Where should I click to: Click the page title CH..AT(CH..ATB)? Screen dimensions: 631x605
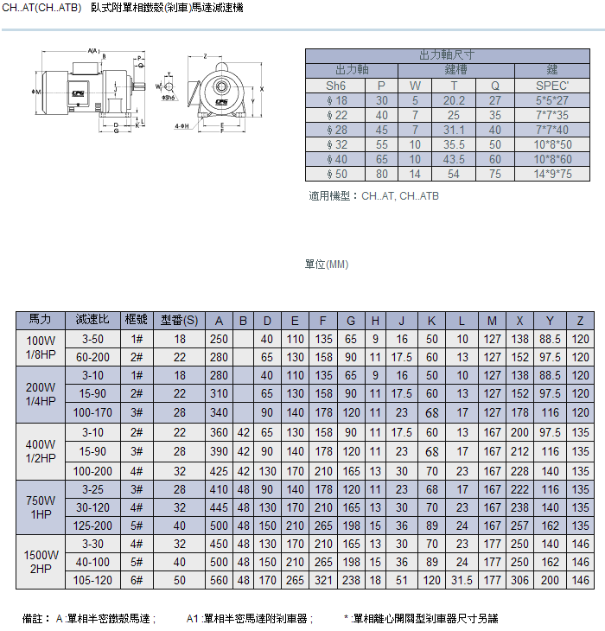click(x=43, y=8)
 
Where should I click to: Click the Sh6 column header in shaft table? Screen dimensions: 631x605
click(x=335, y=86)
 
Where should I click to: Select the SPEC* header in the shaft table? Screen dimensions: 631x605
click(x=553, y=86)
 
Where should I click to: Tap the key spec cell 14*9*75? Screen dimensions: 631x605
click(x=553, y=174)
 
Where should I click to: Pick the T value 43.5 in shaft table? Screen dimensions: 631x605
click(x=454, y=159)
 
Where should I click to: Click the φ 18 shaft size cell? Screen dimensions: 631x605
click(x=335, y=100)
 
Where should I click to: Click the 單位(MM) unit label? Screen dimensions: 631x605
click(x=327, y=265)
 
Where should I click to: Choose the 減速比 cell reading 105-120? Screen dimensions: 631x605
click(x=92, y=581)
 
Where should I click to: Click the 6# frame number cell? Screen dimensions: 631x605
click(x=137, y=581)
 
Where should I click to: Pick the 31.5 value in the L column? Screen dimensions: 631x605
click(x=462, y=581)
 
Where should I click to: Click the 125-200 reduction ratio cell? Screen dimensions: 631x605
click(x=92, y=525)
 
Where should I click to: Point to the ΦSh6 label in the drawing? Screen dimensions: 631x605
click(x=169, y=98)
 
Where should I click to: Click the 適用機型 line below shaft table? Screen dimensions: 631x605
click(x=373, y=196)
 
